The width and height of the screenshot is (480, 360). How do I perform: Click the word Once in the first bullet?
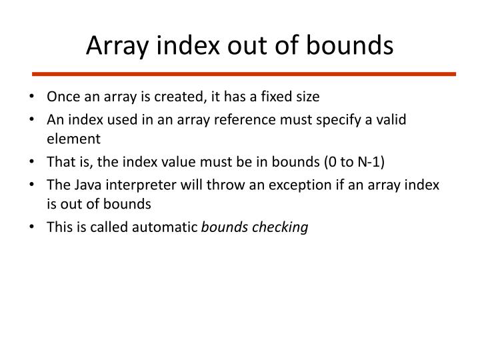click(61, 97)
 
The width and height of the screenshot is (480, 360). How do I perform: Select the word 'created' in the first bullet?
click(173, 97)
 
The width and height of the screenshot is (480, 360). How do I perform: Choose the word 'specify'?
click(339, 119)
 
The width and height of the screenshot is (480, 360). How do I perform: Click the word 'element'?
click(73, 139)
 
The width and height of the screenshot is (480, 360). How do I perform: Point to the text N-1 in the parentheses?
click(374, 162)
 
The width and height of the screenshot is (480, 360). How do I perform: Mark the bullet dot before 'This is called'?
click(33, 227)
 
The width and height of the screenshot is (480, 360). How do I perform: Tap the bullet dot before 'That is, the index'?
click(33, 162)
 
